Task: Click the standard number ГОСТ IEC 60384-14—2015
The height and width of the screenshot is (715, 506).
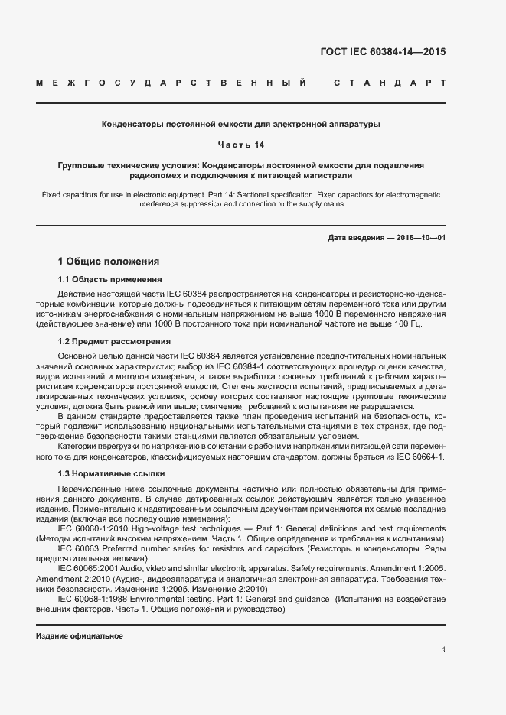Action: pos(382,53)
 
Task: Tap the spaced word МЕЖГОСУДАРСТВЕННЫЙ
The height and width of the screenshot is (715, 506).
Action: pos(172,81)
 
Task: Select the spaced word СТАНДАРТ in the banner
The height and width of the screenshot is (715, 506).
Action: pos(388,81)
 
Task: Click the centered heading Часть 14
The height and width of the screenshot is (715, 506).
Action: pos(253,144)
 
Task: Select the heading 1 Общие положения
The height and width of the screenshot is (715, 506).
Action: pos(109,261)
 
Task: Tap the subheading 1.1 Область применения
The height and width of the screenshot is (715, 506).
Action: pos(109,279)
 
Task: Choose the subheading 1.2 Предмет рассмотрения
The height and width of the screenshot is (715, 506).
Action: pos(114,341)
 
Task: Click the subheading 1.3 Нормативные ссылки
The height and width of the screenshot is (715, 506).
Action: pos(111,474)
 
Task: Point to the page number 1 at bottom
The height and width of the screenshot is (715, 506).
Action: pos(443,650)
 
